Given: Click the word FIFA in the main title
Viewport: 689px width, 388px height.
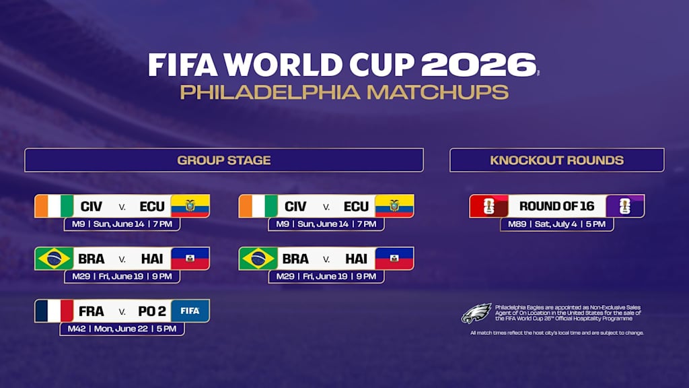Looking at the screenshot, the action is click(x=182, y=65).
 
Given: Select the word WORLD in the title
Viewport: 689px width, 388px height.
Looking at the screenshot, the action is click(x=283, y=65).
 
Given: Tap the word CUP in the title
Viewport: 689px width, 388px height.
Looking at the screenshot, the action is click(x=382, y=65).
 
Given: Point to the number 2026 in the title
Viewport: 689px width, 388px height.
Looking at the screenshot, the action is click(x=479, y=65).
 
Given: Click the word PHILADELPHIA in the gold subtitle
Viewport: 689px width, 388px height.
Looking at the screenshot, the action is click(x=270, y=92).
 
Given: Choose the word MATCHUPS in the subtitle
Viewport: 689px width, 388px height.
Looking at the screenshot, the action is click(x=437, y=92).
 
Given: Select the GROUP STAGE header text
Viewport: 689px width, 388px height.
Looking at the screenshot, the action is click(x=224, y=160).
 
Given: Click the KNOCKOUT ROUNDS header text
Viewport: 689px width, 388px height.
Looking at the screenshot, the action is click(x=556, y=160).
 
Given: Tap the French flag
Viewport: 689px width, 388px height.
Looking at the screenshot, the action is click(x=54, y=311).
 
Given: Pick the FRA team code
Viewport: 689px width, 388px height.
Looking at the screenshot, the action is click(x=92, y=311).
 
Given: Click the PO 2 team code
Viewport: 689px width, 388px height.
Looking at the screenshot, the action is click(x=152, y=311).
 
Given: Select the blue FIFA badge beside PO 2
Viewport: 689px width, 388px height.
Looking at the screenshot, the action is click(x=190, y=311).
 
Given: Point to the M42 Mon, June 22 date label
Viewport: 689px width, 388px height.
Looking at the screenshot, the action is click(x=122, y=329).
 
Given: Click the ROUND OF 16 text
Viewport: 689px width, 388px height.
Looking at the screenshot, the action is click(x=556, y=206).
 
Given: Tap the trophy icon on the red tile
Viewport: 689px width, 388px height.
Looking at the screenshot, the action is click(x=489, y=206).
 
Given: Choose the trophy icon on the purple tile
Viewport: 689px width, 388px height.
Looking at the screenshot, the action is click(x=625, y=206).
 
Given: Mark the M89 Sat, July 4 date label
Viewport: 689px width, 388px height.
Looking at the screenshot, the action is click(x=556, y=224).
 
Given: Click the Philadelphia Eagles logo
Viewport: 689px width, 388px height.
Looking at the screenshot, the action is click(x=476, y=313).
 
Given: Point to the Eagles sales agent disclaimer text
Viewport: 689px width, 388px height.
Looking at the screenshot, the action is click(x=568, y=313).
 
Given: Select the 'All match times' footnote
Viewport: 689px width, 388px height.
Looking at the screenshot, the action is click(x=556, y=333).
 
